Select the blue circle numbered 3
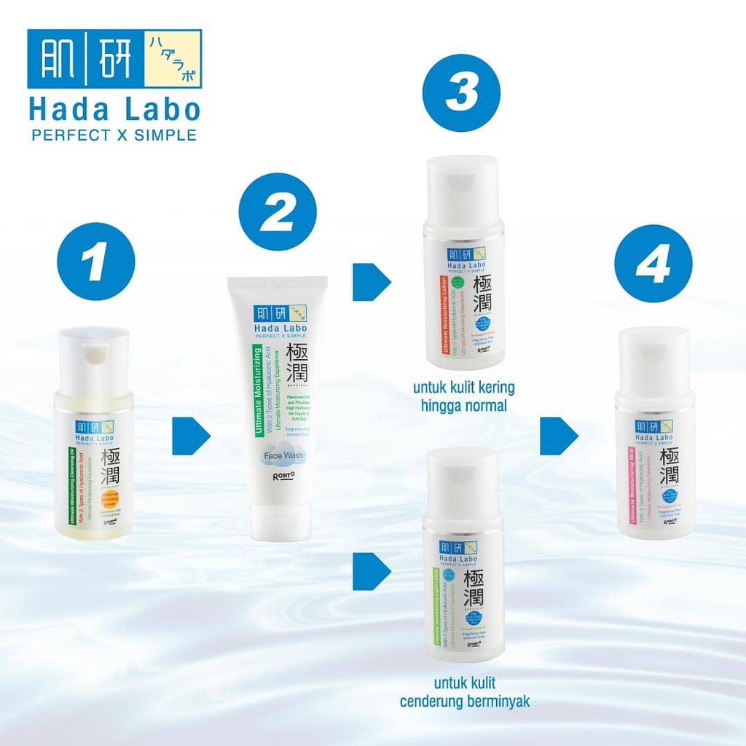coord(462,94)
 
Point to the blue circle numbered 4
coord(653,263)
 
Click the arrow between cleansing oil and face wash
coord(190,436)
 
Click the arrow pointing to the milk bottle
coord(559,436)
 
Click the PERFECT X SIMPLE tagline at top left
coord(113,135)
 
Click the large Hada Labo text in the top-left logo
coord(114,109)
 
